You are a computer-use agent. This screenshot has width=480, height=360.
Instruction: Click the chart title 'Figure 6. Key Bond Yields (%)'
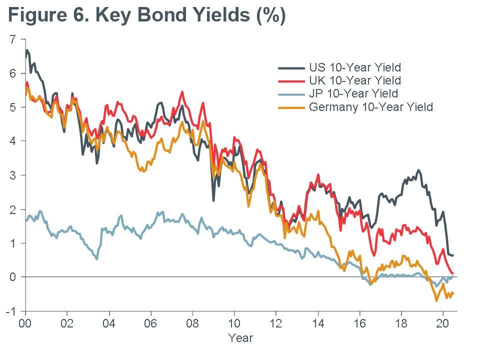(x=146, y=15)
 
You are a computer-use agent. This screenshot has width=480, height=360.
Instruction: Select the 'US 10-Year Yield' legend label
(x=355, y=67)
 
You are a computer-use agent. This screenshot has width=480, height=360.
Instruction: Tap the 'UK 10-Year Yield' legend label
(x=355, y=80)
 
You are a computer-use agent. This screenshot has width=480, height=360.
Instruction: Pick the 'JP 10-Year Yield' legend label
(x=353, y=93)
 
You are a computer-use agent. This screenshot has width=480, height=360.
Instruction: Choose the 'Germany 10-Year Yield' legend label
(x=371, y=107)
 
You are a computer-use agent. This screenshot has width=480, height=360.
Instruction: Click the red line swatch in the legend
(x=291, y=80)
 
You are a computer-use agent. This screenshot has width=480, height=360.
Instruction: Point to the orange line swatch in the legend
(x=291, y=107)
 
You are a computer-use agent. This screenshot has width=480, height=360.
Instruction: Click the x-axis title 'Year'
(x=240, y=338)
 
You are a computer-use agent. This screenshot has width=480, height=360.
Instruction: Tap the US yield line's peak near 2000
(x=27, y=50)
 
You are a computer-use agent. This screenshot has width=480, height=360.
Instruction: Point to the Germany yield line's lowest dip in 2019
(x=436, y=300)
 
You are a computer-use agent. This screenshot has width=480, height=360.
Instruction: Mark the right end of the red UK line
(x=452, y=272)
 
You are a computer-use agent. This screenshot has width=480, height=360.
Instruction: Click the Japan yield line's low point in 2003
(x=96, y=259)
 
